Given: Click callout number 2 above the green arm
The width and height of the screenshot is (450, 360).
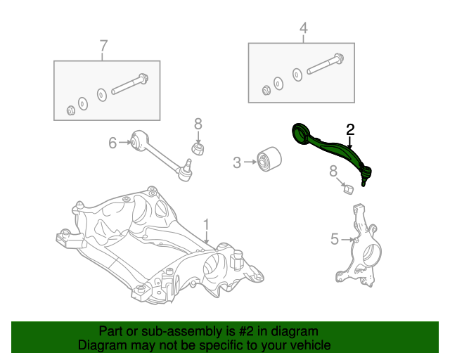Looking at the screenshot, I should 349,129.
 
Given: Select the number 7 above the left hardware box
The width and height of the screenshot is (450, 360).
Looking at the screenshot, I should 103,46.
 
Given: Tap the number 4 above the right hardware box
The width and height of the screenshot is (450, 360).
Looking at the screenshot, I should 303,29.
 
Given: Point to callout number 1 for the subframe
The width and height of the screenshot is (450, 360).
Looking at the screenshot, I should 206,224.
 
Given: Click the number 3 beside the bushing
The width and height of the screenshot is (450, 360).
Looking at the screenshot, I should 237,163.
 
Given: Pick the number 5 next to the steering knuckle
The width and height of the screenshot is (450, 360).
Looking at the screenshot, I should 335,240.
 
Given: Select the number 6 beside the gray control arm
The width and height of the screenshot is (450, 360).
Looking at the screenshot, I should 112,143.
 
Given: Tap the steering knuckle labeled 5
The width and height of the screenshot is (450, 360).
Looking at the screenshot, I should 363,246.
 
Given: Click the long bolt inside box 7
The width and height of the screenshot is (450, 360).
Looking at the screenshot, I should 131,84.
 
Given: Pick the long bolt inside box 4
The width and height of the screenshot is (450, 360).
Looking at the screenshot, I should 324,64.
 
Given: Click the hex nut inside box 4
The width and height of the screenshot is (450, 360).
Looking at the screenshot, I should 266,89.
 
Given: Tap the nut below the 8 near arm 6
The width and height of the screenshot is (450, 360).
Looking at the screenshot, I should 198,149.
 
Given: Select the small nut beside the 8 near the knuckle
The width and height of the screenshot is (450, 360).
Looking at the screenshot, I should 347,188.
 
